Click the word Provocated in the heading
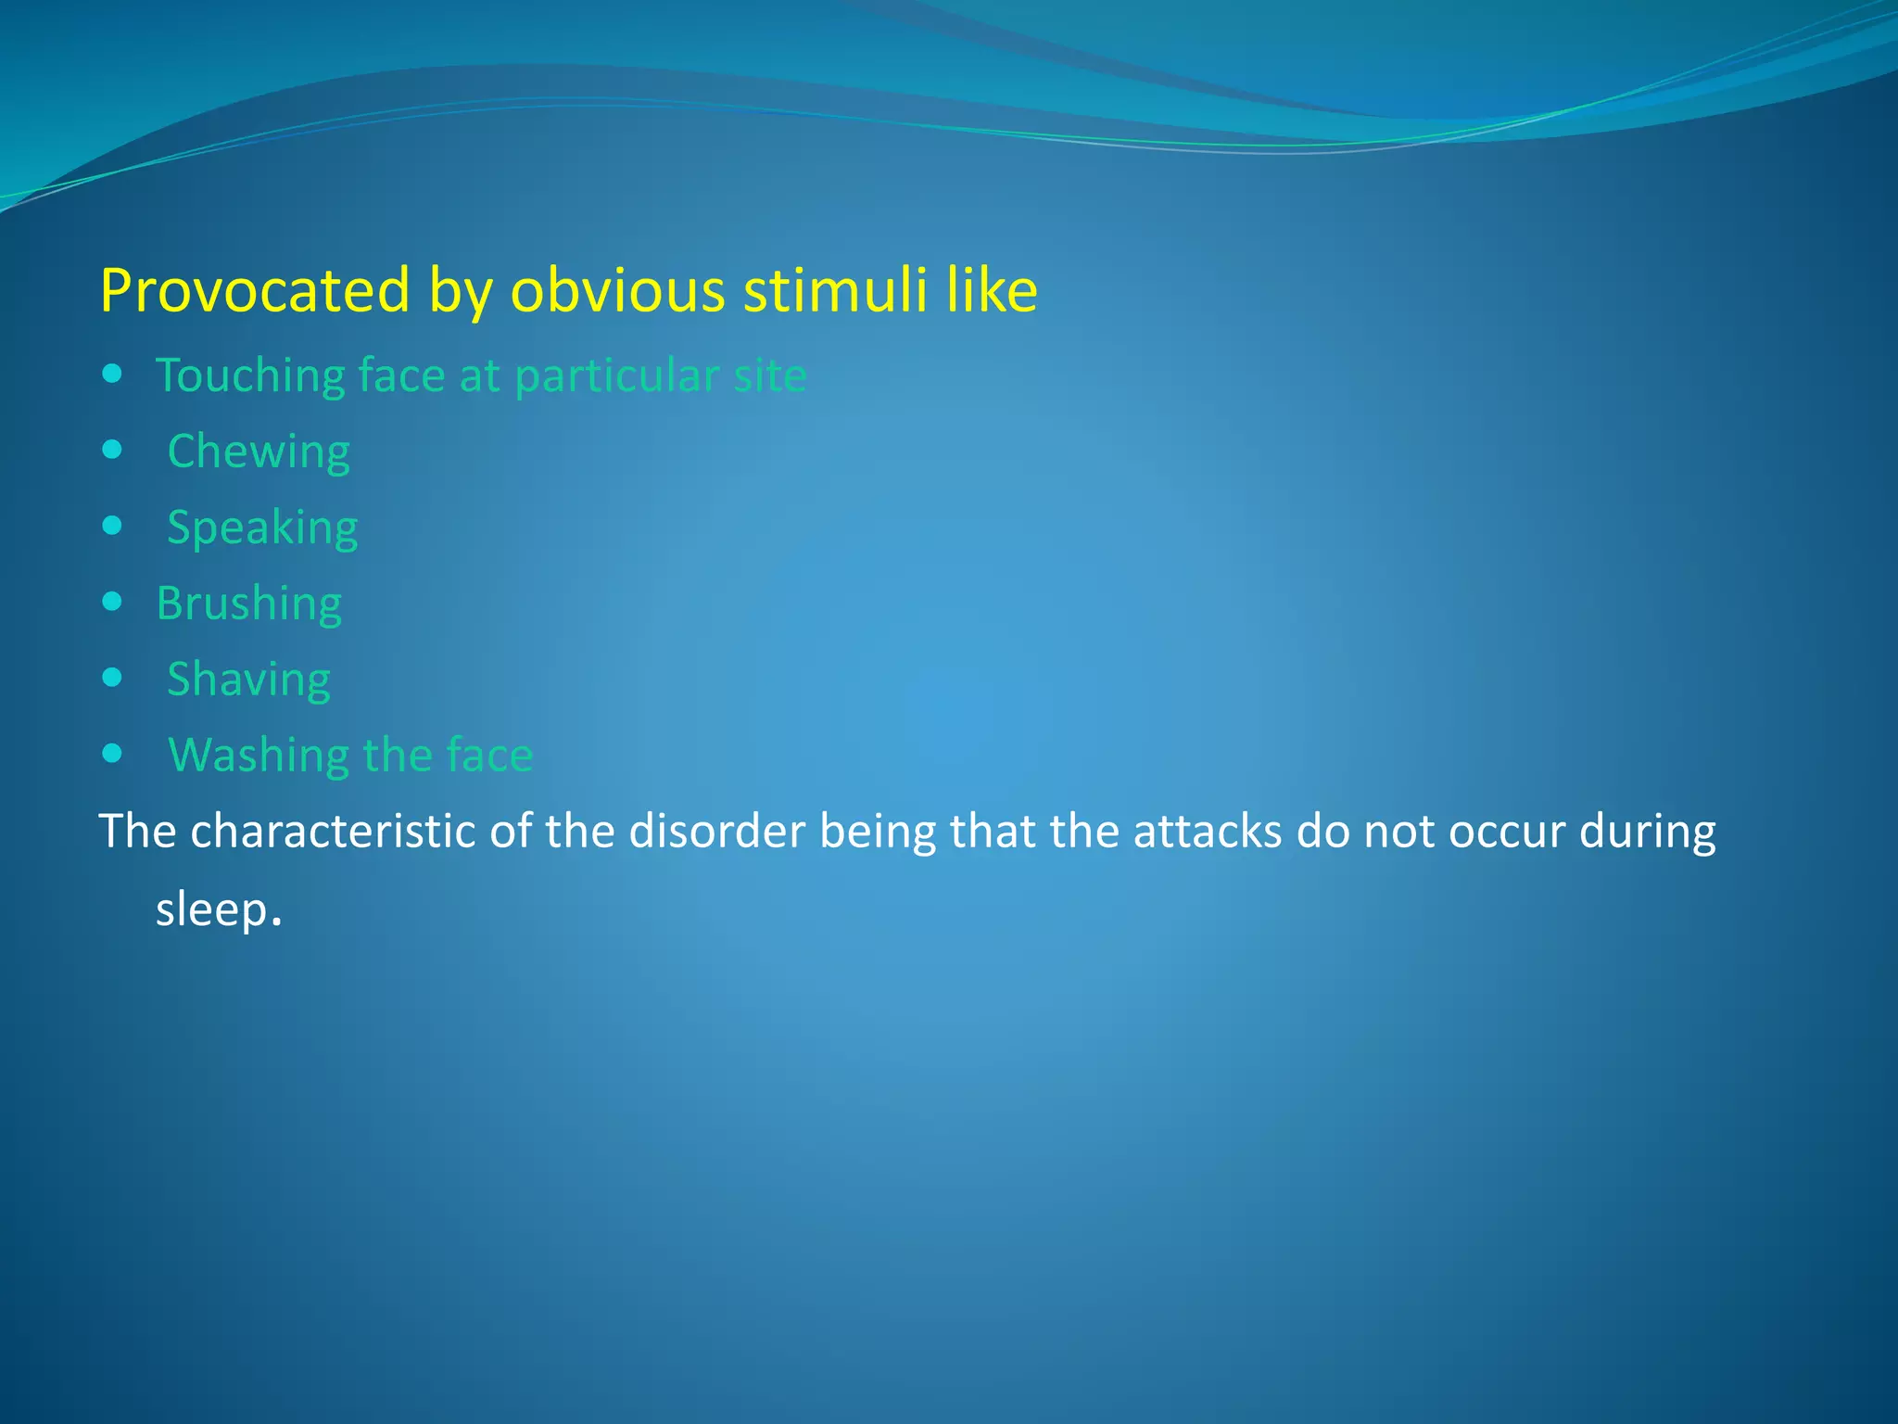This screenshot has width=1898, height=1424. (x=254, y=291)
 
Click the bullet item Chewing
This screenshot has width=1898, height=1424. (x=259, y=452)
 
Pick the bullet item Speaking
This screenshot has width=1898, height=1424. (x=262, y=528)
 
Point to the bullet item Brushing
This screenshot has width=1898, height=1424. (x=248, y=604)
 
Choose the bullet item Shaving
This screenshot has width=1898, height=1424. (x=248, y=680)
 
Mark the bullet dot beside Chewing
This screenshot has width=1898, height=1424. (x=112, y=451)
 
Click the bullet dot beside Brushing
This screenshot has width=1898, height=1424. (x=112, y=603)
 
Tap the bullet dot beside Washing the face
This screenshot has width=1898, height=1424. (x=112, y=754)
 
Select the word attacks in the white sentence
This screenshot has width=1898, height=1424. (x=1207, y=832)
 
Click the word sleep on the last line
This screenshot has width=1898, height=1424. (x=211, y=909)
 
